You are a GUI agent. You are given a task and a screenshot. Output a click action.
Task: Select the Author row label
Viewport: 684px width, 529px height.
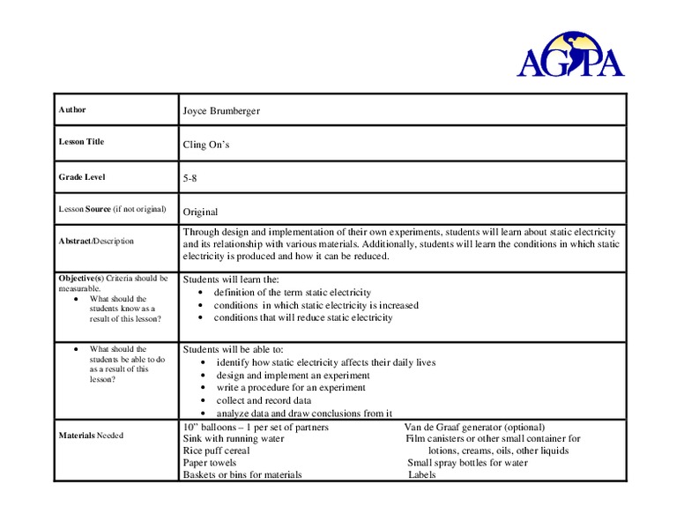coord(72,110)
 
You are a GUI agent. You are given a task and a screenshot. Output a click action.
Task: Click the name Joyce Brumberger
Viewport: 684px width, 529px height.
coord(221,111)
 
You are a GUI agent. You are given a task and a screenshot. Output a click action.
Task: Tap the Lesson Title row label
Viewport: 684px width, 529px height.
coord(81,142)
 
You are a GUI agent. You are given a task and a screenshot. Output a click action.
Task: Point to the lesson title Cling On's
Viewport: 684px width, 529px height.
coord(206,145)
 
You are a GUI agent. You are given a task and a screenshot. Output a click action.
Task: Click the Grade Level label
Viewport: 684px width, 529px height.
coord(82,177)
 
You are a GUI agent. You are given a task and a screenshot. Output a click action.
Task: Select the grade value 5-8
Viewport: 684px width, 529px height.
coord(190,178)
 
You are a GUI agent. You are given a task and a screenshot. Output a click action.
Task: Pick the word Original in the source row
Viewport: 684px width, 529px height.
coord(200,212)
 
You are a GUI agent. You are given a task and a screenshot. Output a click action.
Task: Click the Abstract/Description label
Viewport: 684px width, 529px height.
coord(96,241)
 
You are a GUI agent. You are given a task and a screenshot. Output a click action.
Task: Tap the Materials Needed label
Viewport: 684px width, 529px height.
coord(91,436)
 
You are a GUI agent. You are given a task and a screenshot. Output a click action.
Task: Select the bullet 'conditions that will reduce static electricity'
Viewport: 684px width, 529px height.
coord(303,317)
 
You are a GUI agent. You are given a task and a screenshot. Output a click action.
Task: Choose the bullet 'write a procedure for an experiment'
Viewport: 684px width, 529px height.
coord(292,387)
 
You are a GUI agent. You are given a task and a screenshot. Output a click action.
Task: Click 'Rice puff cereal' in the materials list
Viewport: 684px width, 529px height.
coord(216,451)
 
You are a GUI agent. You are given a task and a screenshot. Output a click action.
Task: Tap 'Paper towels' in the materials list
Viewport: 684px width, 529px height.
coord(210,463)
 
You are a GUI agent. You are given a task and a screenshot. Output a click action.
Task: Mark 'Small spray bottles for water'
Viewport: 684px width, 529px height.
coord(468,463)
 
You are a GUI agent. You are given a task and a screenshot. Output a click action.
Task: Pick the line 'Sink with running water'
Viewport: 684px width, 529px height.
coord(234,439)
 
